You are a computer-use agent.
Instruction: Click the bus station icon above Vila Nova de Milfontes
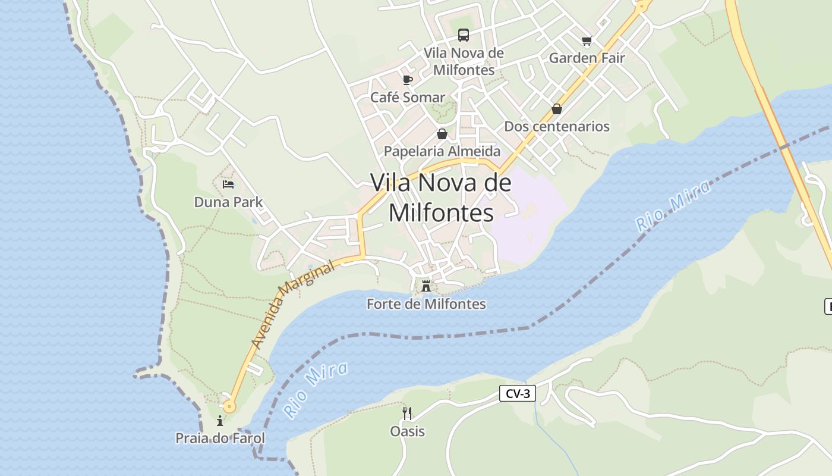(464, 35)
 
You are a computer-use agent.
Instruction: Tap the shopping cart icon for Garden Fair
(587, 40)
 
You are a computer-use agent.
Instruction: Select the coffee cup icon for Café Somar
(407, 80)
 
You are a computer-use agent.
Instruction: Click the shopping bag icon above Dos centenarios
(557, 109)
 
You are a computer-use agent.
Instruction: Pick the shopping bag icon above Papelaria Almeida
(442, 134)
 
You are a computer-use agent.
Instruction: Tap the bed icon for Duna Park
(228, 184)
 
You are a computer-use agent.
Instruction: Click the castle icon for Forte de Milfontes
(426, 286)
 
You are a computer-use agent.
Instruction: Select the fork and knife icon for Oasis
(407, 413)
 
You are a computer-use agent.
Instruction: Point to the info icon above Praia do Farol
(220, 421)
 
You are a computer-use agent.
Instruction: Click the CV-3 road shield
(517, 393)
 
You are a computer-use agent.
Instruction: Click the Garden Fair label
(587, 58)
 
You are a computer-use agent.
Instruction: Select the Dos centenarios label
(557, 126)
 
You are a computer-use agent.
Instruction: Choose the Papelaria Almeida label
(442, 151)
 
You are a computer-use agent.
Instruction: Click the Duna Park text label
(228, 202)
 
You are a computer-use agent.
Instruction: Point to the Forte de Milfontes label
(426, 304)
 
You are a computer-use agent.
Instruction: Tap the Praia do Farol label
(220, 439)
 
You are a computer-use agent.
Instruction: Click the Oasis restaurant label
(407, 431)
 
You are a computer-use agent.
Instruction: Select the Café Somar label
(407, 98)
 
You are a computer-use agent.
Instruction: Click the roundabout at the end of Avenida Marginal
(229, 407)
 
